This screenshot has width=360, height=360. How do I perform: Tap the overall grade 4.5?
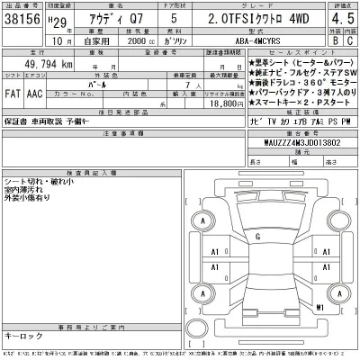point(340,17)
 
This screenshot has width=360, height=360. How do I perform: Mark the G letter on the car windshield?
point(258,237)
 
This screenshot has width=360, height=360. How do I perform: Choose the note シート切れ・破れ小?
point(37,181)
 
